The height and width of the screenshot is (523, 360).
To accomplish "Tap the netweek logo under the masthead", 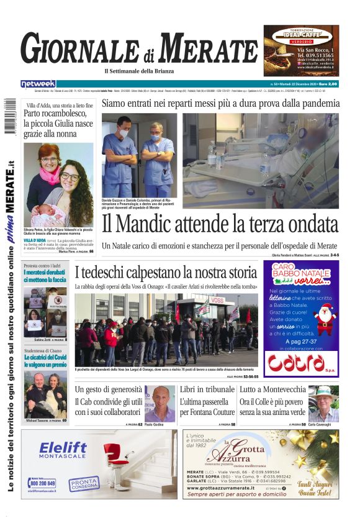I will (x=38, y=84).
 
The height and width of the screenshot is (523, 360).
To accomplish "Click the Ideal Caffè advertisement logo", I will (x=301, y=34).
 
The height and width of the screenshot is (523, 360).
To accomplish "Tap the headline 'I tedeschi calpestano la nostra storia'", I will (x=164, y=271).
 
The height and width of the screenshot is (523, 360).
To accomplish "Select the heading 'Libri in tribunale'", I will (x=207, y=389).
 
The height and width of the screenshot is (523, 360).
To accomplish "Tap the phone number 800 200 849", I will (x=42, y=483).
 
